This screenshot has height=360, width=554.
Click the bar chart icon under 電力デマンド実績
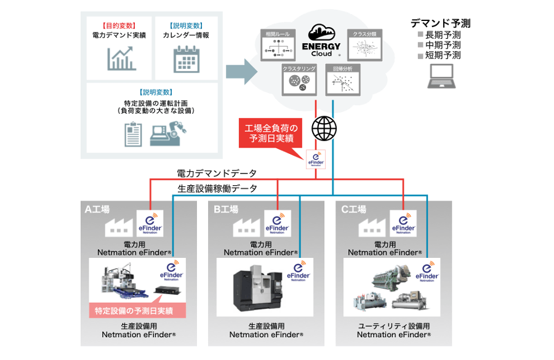click(121, 58)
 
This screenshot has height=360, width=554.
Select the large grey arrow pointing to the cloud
click(241, 72)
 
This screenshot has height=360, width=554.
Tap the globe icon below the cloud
click(324, 129)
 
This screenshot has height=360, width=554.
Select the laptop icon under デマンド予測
click(440, 75)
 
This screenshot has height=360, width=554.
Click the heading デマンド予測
click(441, 23)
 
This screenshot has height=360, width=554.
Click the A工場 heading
click(97, 209)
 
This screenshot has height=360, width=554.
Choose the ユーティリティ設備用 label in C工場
click(394, 326)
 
